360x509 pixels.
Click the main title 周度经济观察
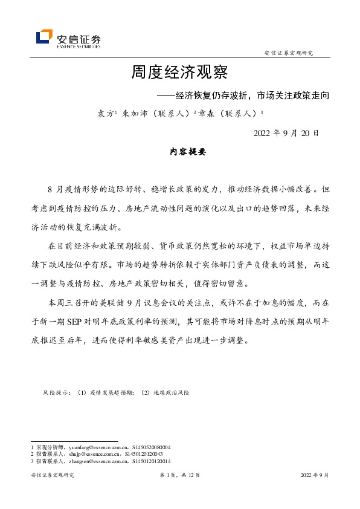click(179, 73)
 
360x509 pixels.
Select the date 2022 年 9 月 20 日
click(286, 132)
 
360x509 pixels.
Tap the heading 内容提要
click(188, 152)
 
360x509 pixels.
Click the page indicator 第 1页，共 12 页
click(179, 476)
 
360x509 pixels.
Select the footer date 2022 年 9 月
click(315, 476)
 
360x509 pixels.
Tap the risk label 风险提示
click(56, 393)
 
